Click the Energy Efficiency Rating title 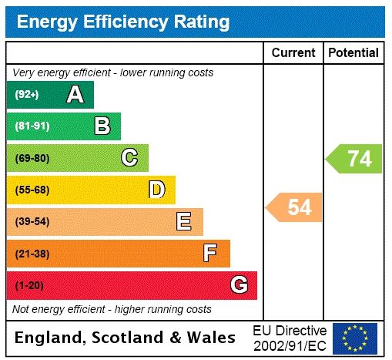[123, 22]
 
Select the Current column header [293, 52]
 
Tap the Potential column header [353, 52]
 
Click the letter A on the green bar [75, 95]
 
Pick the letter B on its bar [102, 126]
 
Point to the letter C [129, 158]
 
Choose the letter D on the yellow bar [156, 190]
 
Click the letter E [184, 222]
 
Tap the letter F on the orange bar [210, 253]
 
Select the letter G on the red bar [239, 285]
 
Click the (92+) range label [27, 95]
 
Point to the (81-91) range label [32, 126]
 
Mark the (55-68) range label [32, 190]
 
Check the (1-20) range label [29, 286]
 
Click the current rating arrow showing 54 [295, 207]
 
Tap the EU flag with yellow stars [355, 338]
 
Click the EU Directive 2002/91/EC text [289, 338]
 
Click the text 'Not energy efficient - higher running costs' [112, 309]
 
